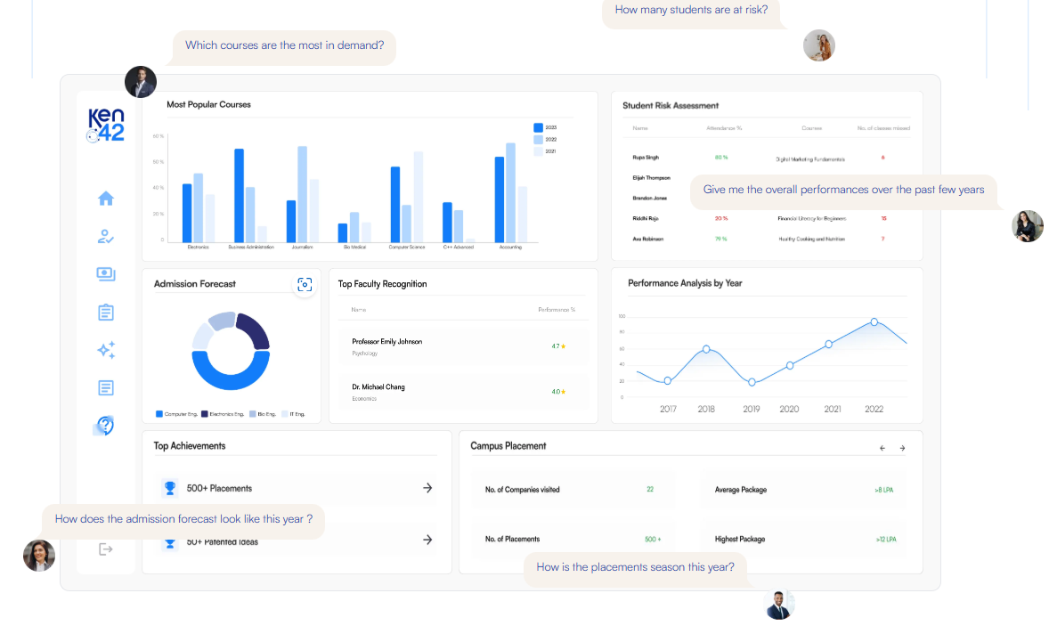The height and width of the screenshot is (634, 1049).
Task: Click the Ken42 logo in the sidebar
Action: coord(106,126)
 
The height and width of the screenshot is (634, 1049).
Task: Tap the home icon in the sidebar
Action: coord(106,199)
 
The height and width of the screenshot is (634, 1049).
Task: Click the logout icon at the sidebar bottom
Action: coord(106,549)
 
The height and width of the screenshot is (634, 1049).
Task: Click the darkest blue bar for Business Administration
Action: coord(239,195)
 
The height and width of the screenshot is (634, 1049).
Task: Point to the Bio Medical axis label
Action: coord(354,247)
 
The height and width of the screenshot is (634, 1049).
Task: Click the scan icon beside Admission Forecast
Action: coord(305,284)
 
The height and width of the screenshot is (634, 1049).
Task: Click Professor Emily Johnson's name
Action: coord(386,342)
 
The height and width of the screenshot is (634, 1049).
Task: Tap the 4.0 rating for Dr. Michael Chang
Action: coord(557,392)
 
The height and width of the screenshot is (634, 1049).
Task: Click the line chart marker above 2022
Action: coord(874,322)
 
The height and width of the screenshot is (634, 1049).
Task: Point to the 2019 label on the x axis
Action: coord(752,410)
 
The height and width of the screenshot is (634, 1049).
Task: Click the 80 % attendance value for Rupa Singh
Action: coord(720,157)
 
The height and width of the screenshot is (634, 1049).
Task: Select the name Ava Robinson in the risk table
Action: coord(647,239)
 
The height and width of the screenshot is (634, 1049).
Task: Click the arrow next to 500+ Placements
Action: coord(427,488)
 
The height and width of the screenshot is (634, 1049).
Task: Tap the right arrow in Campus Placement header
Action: coord(901,448)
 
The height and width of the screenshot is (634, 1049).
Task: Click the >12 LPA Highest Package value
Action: coord(885,540)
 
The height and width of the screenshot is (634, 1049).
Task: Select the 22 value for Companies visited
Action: coord(650,490)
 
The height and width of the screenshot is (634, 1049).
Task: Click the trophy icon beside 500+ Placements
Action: coord(169,488)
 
